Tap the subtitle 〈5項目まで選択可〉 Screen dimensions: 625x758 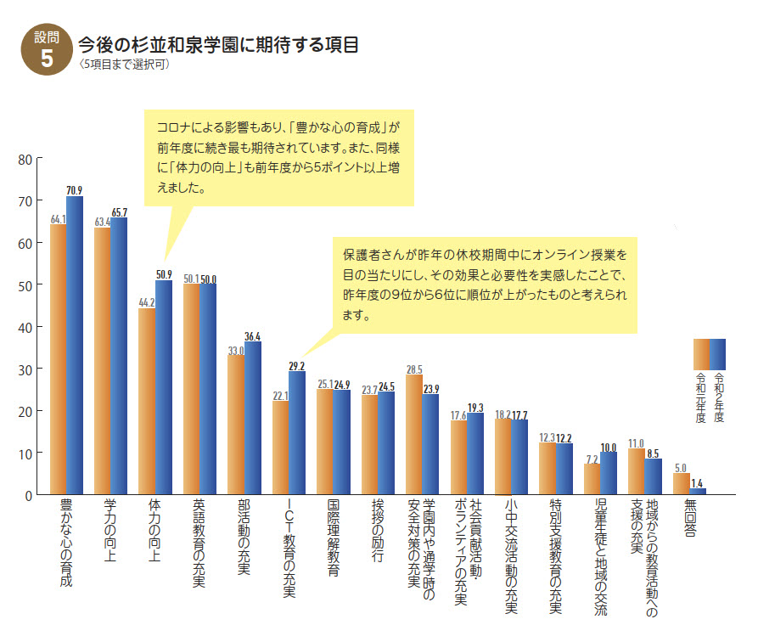(x=123, y=65)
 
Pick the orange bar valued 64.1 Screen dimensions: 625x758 (x=59, y=359)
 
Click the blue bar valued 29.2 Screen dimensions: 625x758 (x=296, y=433)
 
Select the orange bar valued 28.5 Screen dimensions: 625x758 (x=413, y=435)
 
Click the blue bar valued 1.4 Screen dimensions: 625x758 (x=698, y=492)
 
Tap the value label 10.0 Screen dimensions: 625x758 (x=608, y=447)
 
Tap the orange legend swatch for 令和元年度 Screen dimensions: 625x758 (x=701, y=351)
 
